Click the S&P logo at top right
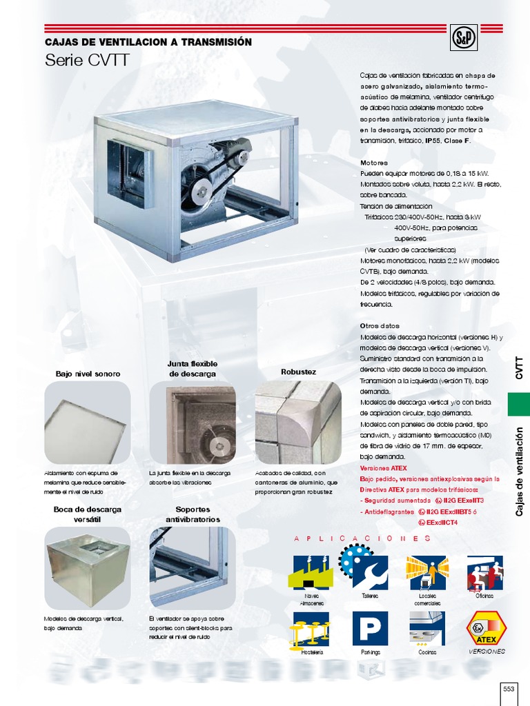point(461,36)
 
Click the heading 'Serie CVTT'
point(87,60)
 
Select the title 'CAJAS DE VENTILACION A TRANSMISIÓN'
point(148,42)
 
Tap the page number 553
point(509,688)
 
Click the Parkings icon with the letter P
point(370,628)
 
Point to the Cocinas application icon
point(427,628)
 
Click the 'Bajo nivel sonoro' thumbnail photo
point(87,422)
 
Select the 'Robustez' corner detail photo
point(298,422)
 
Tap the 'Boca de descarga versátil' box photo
point(87,567)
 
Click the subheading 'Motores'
point(373,163)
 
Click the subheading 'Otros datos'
point(380,325)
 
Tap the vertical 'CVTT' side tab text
point(519,367)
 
